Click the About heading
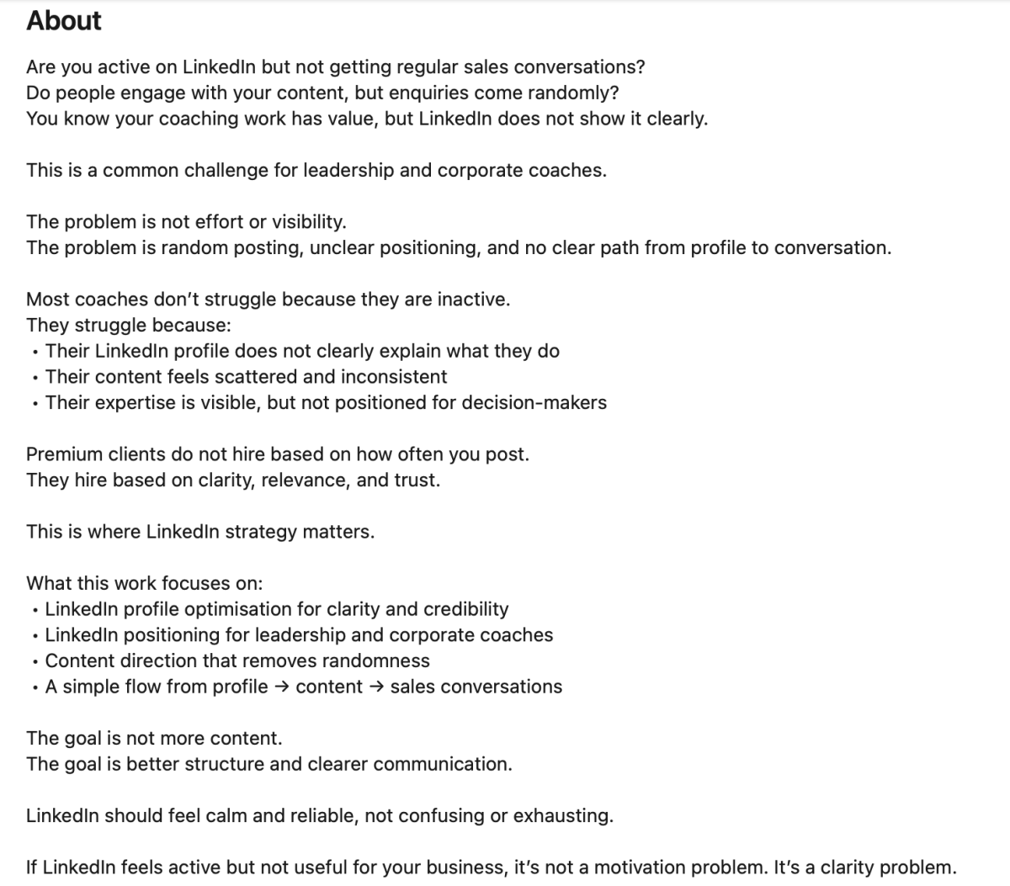(x=63, y=20)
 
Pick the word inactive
(x=473, y=300)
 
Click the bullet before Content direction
(x=34, y=662)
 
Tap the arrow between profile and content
(x=282, y=687)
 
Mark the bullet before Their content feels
(x=34, y=378)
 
